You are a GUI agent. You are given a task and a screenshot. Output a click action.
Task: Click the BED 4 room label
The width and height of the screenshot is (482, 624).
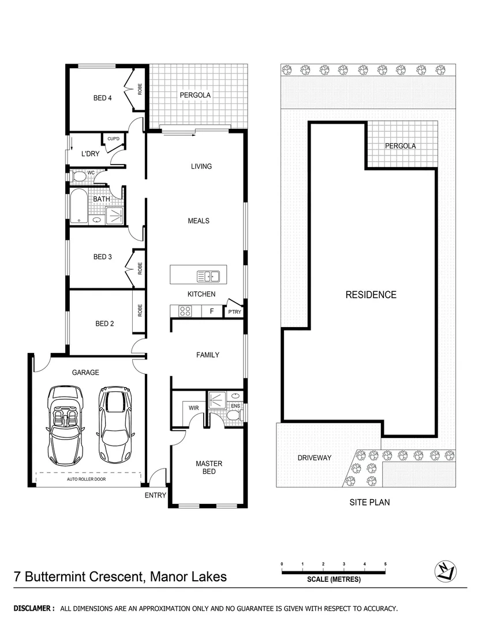tap(102, 98)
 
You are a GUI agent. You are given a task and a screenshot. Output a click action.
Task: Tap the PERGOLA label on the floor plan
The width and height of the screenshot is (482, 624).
tap(195, 95)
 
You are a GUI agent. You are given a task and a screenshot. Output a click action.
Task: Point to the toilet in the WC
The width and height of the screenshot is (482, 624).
tap(77, 176)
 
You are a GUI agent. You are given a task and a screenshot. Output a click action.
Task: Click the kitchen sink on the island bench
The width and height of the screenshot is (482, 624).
tap(207, 277)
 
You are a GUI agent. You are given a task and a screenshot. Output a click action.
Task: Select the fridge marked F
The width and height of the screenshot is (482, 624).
tap(212, 311)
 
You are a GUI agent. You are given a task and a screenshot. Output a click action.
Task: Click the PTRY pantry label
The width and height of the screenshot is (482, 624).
tap(234, 313)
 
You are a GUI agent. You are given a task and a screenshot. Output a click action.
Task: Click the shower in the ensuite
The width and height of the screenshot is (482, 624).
tap(216, 400)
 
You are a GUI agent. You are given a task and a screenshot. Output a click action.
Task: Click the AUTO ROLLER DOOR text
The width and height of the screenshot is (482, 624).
tap(86, 479)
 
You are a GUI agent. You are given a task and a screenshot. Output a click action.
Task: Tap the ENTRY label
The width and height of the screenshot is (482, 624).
tap(155, 495)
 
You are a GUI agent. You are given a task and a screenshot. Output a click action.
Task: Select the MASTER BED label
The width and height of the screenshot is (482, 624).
tap(208, 467)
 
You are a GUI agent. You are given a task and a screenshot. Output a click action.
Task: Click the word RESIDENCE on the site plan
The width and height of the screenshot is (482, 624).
tap(371, 295)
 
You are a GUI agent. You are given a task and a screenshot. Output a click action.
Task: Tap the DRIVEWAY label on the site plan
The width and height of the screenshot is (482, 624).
tap(314, 458)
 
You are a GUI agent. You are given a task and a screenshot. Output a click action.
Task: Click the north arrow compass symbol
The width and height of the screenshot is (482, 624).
tap(444, 571)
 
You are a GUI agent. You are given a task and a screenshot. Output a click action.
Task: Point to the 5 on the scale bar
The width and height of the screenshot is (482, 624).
tap(385, 564)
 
